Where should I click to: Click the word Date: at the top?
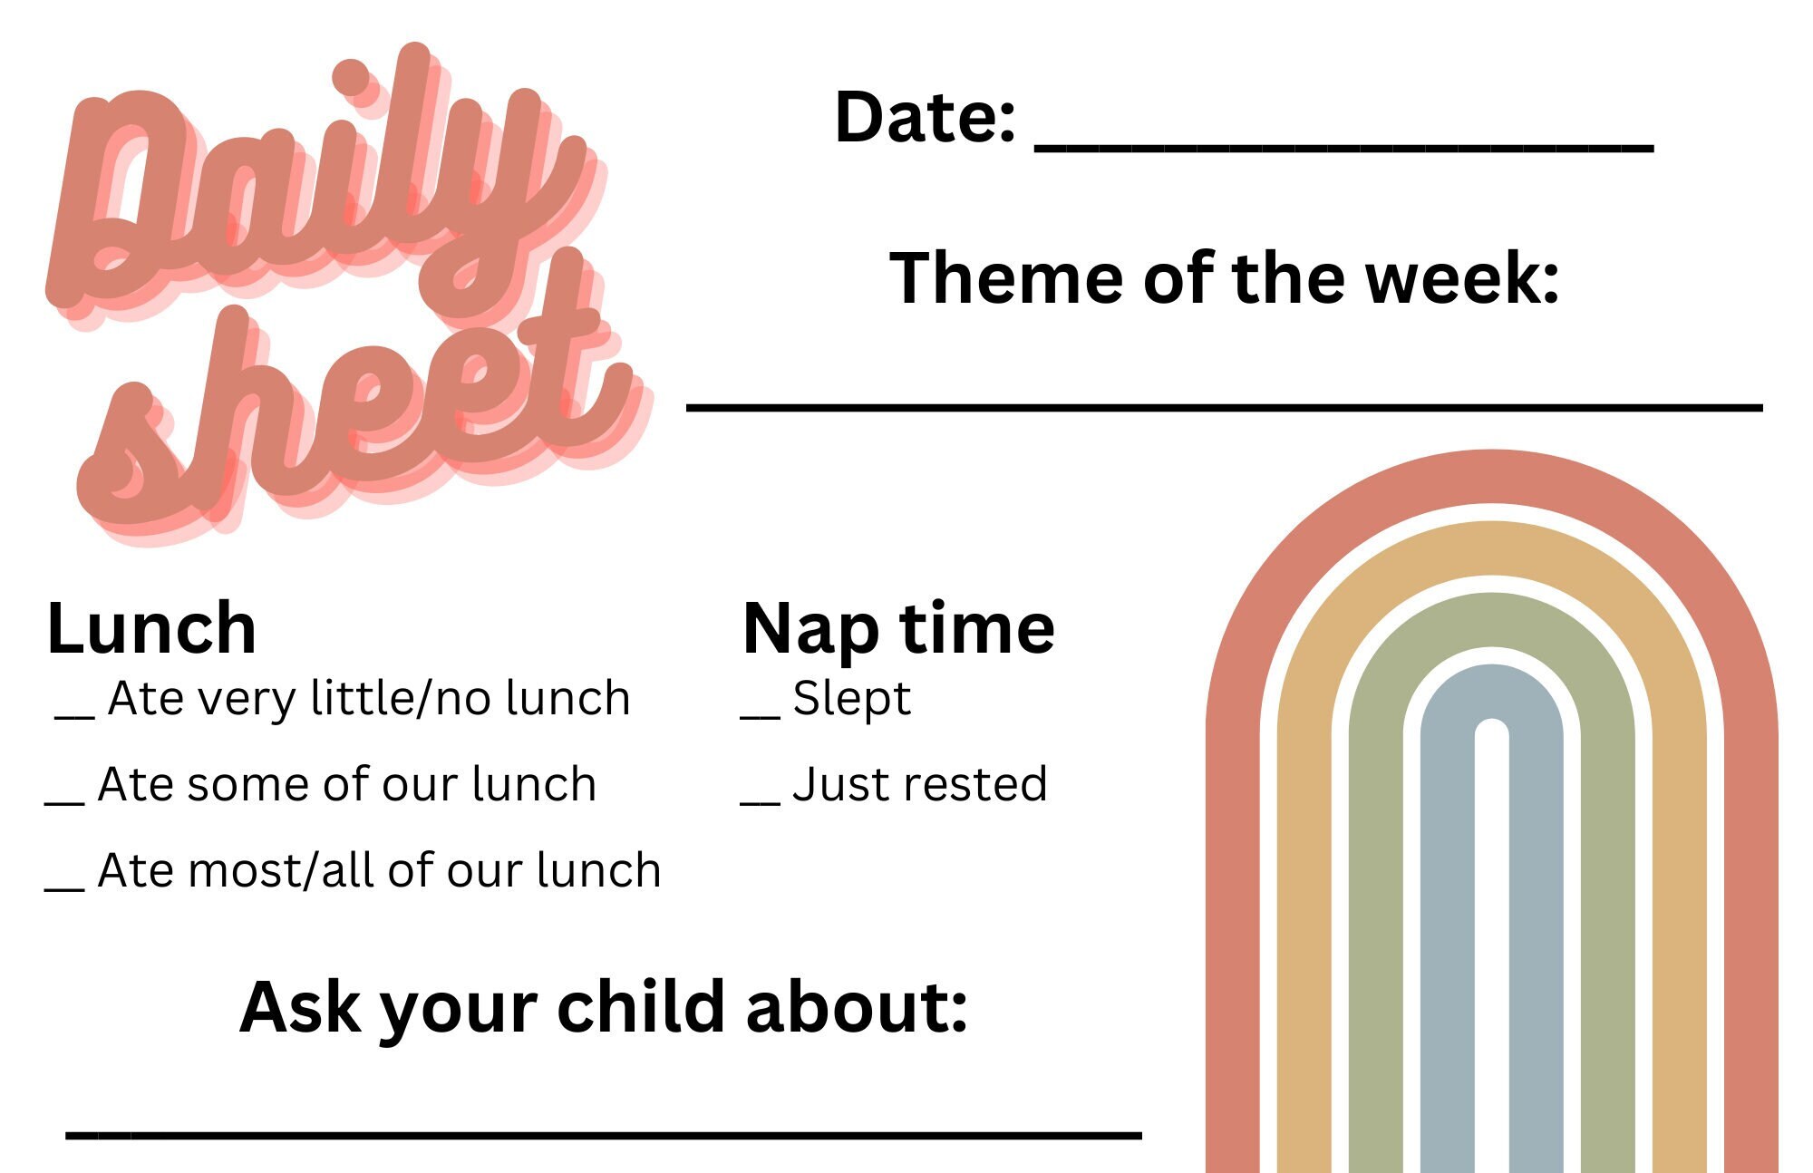click(x=924, y=118)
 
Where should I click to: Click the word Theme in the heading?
click(x=1006, y=278)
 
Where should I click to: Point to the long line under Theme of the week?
click(x=1224, y=408)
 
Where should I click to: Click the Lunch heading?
click(x=151, y=628)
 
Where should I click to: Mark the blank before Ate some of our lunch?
click(x=64, y=802)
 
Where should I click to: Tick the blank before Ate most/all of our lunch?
click(x=64, y=888)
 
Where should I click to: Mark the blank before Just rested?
click(x=760, y=802)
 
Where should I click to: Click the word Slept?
click(x=851, y=699)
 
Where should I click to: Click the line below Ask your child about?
click(x=603, y=1134)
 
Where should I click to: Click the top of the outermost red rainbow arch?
click(x=1491, y=476)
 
